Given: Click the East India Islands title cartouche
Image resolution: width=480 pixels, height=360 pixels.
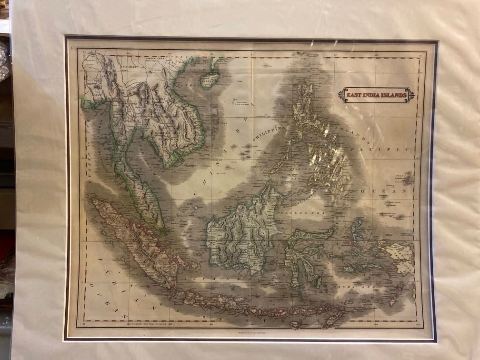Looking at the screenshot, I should (376, 95).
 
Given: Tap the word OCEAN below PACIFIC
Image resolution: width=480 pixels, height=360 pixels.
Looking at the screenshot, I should (384, 190).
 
